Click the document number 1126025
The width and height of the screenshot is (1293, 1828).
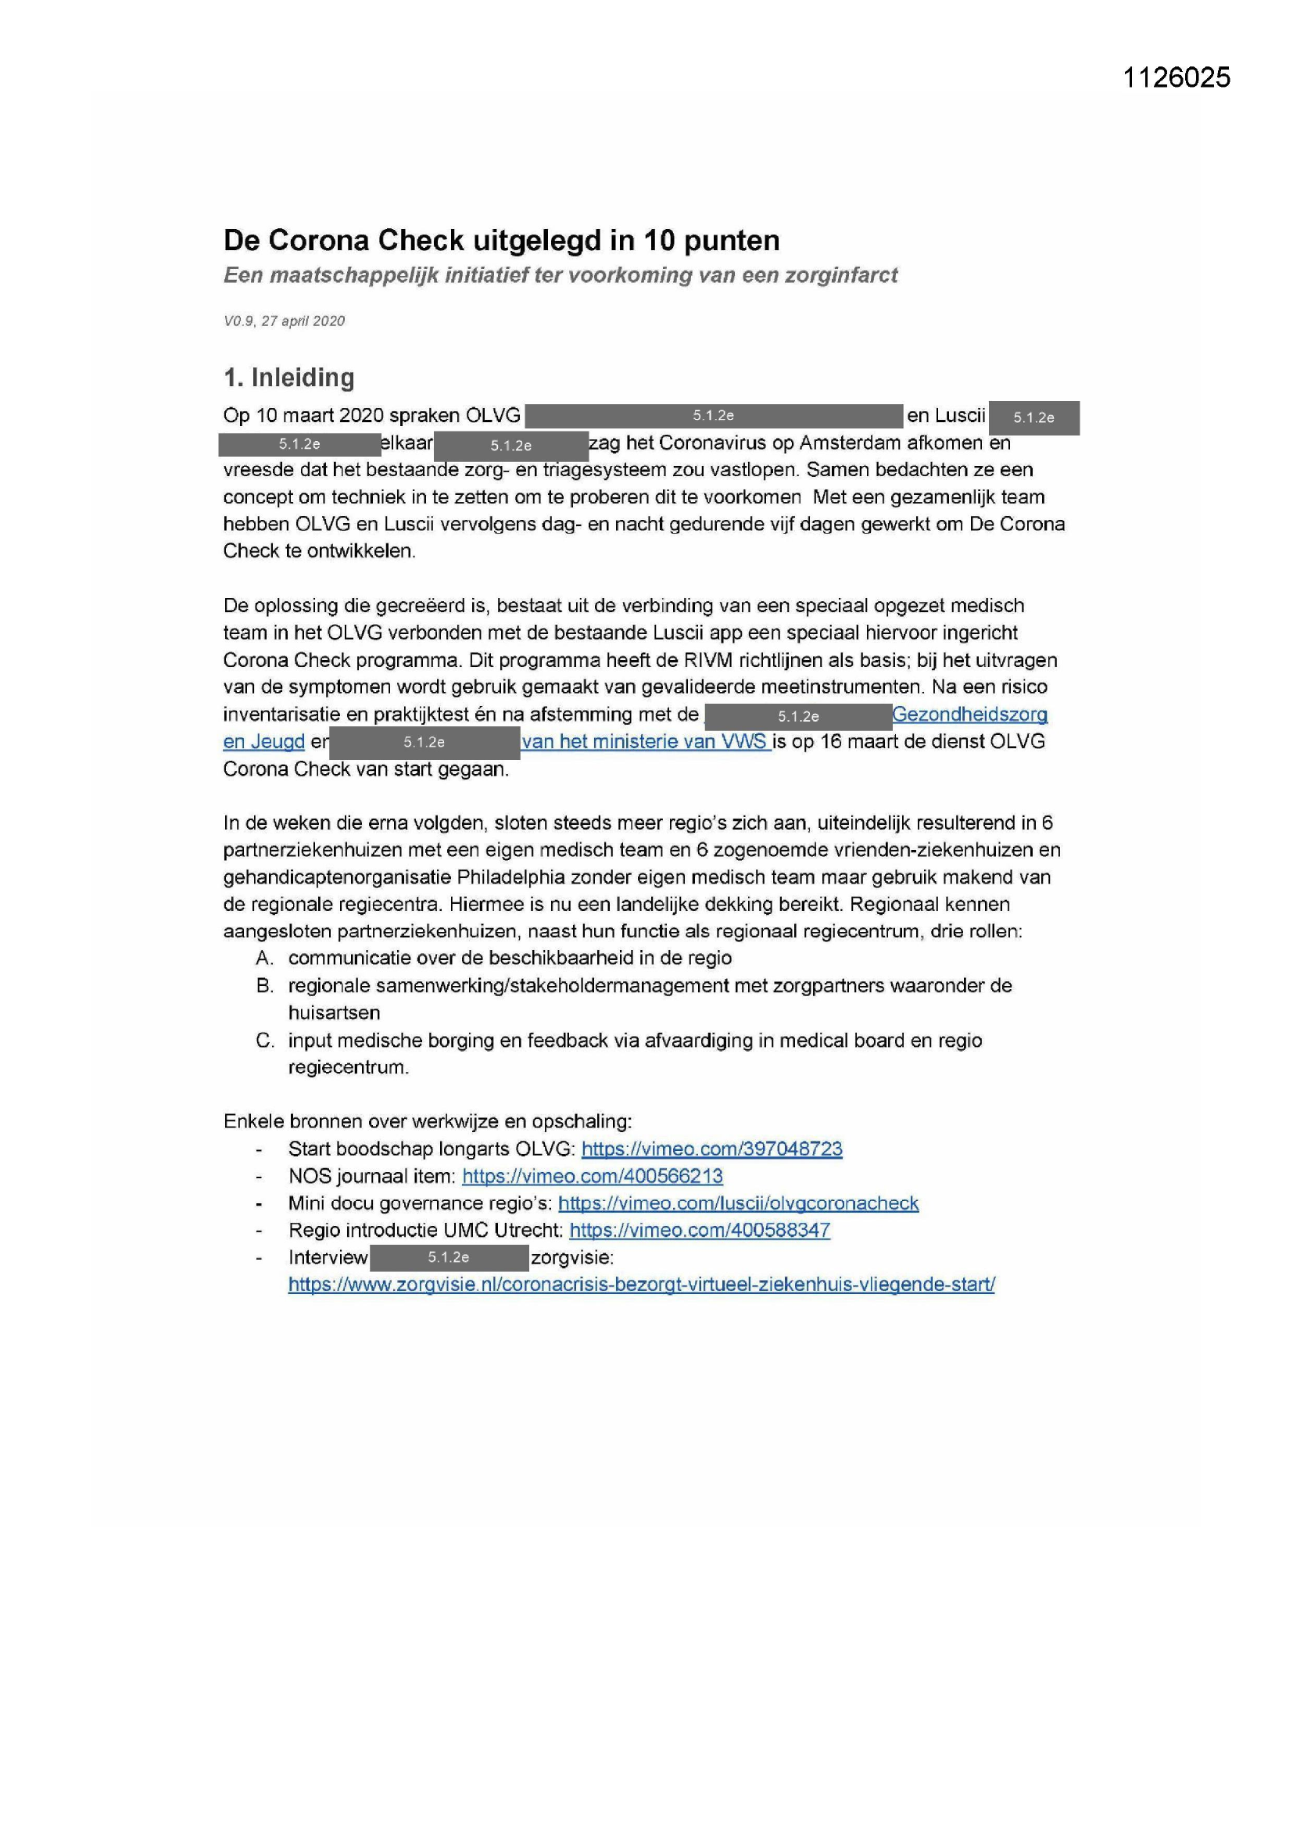(1176, 77)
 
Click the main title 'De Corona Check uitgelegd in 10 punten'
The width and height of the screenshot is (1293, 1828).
(501, 240)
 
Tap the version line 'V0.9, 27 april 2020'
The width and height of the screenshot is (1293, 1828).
(284, 321)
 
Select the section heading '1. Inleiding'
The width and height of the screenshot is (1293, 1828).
(288, 378)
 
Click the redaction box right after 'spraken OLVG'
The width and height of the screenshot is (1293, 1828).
(714, 416)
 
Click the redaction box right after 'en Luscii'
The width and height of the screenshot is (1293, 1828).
(1033, 418)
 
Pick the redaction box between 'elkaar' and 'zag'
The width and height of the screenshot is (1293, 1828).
(510, 446)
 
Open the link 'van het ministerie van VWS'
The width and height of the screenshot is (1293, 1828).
(645, 741)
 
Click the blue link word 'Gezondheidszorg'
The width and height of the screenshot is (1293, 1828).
(969, 714)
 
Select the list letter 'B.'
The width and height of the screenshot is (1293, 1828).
(265, 986)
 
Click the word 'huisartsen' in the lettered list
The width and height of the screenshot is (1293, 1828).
(334, 1013)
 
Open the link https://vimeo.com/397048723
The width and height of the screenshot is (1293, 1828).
(712, 1149)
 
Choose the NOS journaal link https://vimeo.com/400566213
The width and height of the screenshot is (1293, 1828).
(593, 1176)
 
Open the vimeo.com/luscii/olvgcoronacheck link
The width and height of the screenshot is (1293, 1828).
(738, 1203)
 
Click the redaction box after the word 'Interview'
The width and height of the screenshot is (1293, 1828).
(449, 1257)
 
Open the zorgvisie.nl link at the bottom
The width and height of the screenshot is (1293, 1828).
(641, 1285)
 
